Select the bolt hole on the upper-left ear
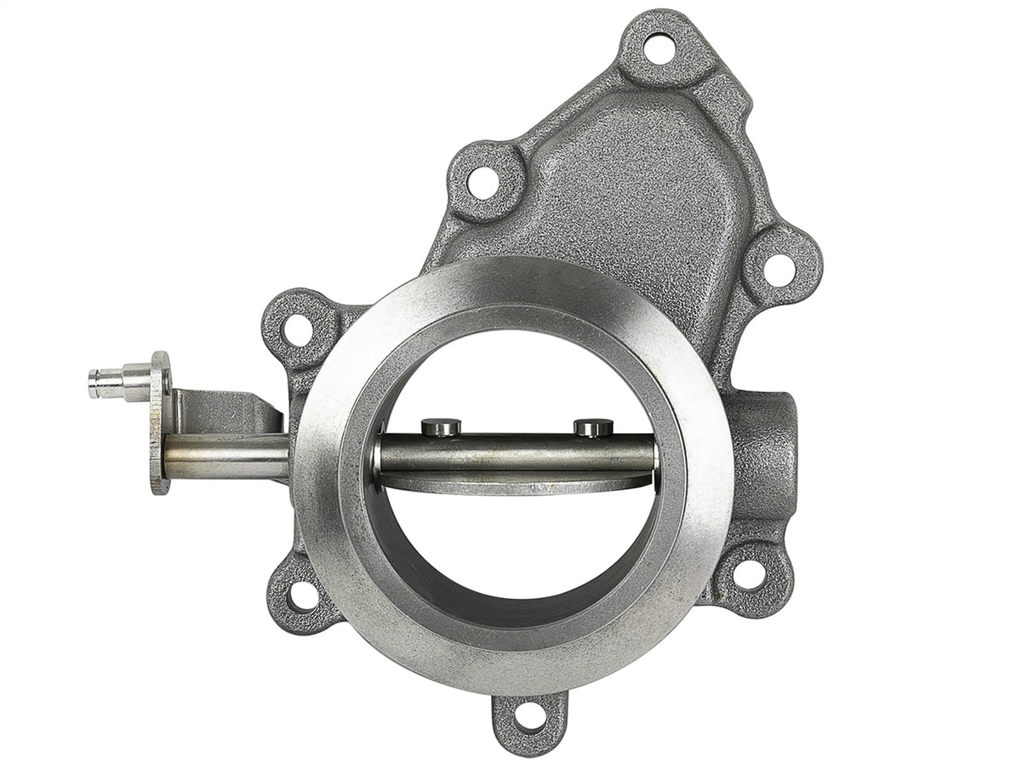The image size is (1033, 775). [x=482, y=182]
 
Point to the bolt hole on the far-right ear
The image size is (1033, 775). [x=779, y=269]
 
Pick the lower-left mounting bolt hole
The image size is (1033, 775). [x=303, y=595]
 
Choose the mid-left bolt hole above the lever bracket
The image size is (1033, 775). [x=297, y=329]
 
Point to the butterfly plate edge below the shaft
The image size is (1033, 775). [x=511, y=484]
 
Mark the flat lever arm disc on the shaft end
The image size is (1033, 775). [x=159, y=423]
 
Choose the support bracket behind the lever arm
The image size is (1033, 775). [x=225, y=412]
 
